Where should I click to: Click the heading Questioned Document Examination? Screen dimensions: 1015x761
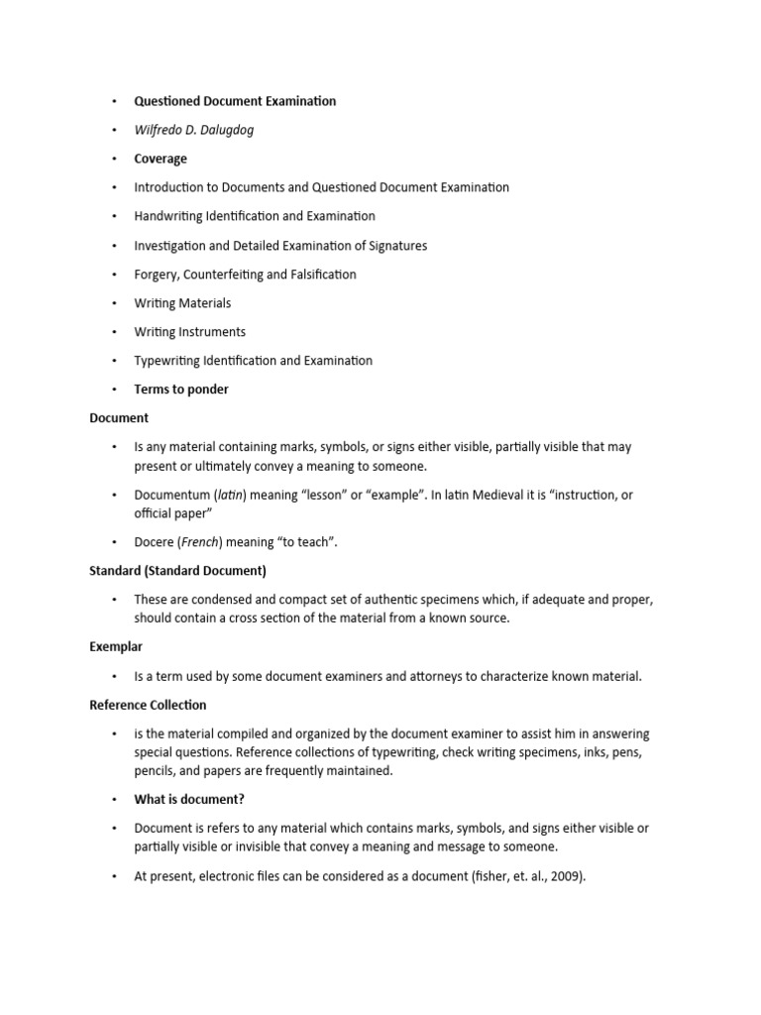tap(235, 101)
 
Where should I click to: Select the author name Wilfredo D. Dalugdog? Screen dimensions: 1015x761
tap(194, 130)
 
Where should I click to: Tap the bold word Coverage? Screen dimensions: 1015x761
tap(161, 159)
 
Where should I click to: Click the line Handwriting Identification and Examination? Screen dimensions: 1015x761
tap(255, 216)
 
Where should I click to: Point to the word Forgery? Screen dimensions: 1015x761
tap(158, 275)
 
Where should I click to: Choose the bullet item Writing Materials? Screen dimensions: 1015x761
tap(182, 303)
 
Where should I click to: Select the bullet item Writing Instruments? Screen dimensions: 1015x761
tap(190, 332)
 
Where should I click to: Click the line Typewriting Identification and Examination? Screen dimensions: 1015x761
tap(254, 361)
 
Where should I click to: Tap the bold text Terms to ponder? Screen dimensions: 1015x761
tap(181, 390)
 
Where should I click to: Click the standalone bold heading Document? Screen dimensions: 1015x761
tap(119, 418)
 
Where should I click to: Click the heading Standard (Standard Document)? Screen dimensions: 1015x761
tap(177, 571)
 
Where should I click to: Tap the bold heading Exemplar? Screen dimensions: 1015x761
tap(116, 647)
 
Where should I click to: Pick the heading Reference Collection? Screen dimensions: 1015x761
tap(148, 705)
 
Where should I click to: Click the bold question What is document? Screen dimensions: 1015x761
tap(188, 799)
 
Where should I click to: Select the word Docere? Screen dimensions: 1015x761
tap(155, 542)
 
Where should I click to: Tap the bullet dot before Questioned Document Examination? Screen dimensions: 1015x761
tap(114, 101)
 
